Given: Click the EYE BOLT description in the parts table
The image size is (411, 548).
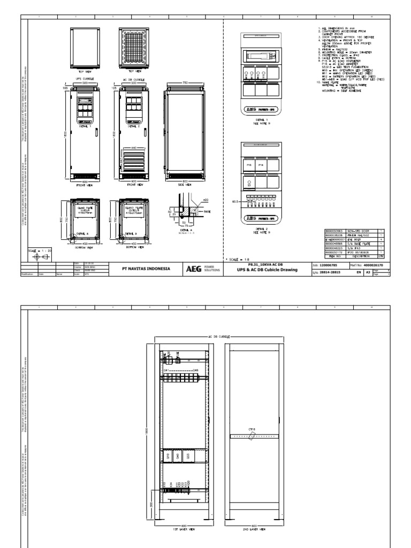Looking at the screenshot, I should click(356, 239).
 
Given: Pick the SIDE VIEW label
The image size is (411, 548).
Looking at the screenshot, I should click(185, 185).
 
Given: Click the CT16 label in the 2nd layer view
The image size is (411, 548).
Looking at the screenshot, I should click(252, 429).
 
